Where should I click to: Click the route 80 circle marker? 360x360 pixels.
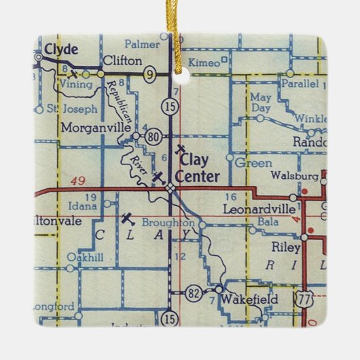coord(153,137)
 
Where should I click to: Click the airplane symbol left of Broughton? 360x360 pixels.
coord(127,219)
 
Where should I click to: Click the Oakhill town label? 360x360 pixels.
coord(85,257)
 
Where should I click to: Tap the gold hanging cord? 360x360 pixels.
coord(181,34)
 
